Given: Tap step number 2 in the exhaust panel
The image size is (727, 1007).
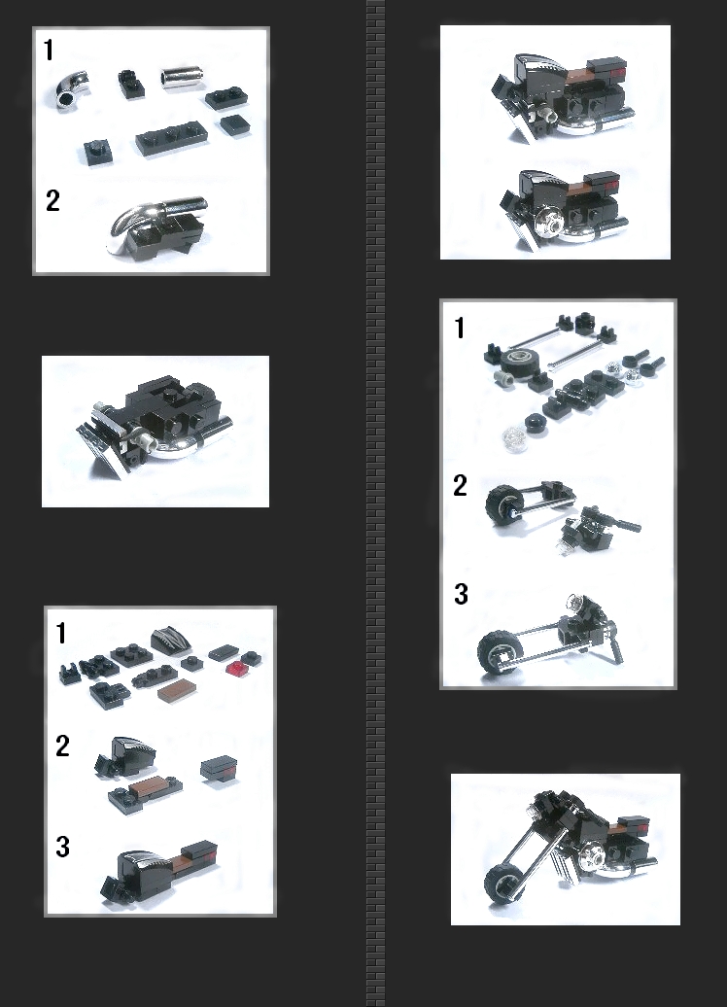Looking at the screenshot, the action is pos(52,201).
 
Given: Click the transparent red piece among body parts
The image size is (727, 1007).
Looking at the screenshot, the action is pos(237,668).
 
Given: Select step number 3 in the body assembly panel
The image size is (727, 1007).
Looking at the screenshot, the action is pos(62,847).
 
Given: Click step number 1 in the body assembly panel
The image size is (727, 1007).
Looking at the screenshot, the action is pos(61,633).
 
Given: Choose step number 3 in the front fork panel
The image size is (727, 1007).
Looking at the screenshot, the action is pos(461,594).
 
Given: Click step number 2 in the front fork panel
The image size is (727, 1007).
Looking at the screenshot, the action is pos(460,486).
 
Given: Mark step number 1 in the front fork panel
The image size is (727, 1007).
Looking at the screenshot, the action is pos(460,329).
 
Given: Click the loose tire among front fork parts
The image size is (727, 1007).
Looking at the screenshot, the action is pos(519,364).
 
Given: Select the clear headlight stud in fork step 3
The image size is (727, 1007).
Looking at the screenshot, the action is pos(572,603).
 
